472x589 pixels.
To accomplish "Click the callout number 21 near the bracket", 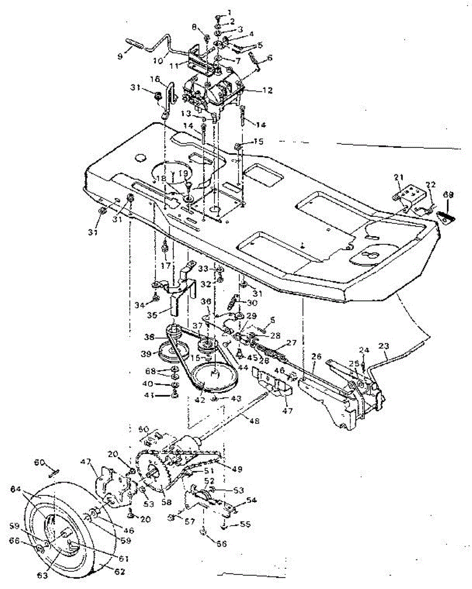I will (x=398, y=177).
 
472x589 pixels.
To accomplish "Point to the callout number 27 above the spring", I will (x=292, y=343).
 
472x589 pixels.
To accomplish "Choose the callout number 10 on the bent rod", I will (x=158, y=61).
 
